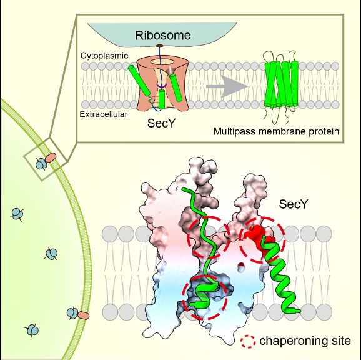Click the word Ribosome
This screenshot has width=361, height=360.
pyautogui.click(x=163, y=36)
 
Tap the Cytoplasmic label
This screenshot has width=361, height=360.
pyautogui.click(x=104, y=56)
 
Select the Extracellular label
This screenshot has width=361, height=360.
pyautogui.click(x=104, y=114)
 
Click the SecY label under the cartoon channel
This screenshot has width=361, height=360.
pyautogui.click(x=161, y=123)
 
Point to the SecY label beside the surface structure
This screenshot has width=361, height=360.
pyautogui.click(x=294, y=204)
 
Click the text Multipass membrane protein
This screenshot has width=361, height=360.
pyautogui.click(x=276, y=131)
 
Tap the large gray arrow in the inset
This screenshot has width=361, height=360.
pyautogui.click(x=227, y=87)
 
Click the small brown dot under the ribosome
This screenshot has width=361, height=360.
pyautogui.click(x=159, y=46)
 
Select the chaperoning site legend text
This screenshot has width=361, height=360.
pyautogui.click(x=305, y=341)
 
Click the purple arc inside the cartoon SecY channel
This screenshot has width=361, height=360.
pyautogui.click(x=162, y=86)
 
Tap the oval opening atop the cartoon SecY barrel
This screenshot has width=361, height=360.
pyautogui.click(x=162, y=62)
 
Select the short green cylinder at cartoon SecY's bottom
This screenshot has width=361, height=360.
pyautogui.click(x=162, y=99)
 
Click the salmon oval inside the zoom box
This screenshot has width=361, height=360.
pyautogui.click(x=51, y=157)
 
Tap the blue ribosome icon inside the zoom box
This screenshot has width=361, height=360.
pyautogui.click(x=41, y=164)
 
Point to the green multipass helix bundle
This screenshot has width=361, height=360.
pyautogui.click(x=281, y=84)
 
